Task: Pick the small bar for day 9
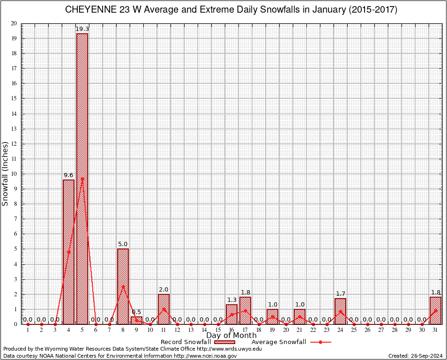(136, 321)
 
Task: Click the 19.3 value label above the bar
(82, 29)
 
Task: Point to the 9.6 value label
(68, 175)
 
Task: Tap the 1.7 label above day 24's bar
(340, 294)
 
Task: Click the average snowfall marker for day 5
(82, 179)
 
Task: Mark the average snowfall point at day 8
(123, 286)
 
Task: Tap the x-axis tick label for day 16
(231, 330)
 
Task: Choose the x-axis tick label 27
(381, 330)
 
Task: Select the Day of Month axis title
(231, 336)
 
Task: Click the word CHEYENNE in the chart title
(89, 10)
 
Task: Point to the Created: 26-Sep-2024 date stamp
(415, 356)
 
